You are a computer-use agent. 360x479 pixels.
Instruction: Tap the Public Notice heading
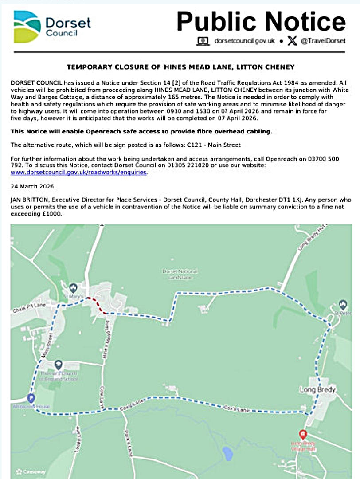coord(261,21)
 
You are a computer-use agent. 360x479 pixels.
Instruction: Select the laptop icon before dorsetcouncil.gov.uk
coord(203,41)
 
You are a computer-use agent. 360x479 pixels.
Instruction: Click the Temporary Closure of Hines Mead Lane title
coord(180,67)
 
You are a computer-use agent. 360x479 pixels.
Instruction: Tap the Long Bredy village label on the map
coord(317,390)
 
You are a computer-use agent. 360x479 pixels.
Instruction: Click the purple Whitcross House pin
coord(31,397)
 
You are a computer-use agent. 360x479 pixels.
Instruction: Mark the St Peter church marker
coord(342,305)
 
